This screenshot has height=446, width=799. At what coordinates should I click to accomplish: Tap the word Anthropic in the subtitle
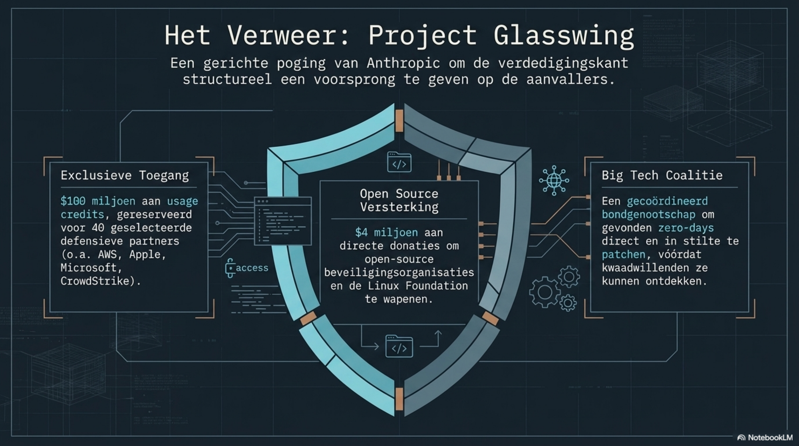tap(403, 64)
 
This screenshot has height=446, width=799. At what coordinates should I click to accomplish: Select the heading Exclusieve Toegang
tap(125, 175)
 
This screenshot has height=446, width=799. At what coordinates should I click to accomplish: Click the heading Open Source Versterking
tap(399, 200)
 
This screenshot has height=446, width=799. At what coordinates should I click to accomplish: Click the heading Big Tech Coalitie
tap(662, 175)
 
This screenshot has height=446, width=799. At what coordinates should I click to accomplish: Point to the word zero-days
tap(686, 228)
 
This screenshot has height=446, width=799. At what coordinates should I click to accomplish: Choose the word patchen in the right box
tap(623, 255)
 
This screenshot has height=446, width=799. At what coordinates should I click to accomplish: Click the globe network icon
tap(554, 181)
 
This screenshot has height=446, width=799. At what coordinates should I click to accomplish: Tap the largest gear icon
tap(544, 292)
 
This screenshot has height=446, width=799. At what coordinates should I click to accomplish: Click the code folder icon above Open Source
tap(399, 163)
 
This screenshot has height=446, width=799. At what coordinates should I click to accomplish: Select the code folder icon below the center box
tap(399, 346)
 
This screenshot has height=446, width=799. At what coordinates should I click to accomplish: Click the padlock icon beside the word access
tap(230, 268)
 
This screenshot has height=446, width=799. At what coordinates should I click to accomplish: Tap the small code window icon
tap(283, 221)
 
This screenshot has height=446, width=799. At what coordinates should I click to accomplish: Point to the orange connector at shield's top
tap(399, 120)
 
